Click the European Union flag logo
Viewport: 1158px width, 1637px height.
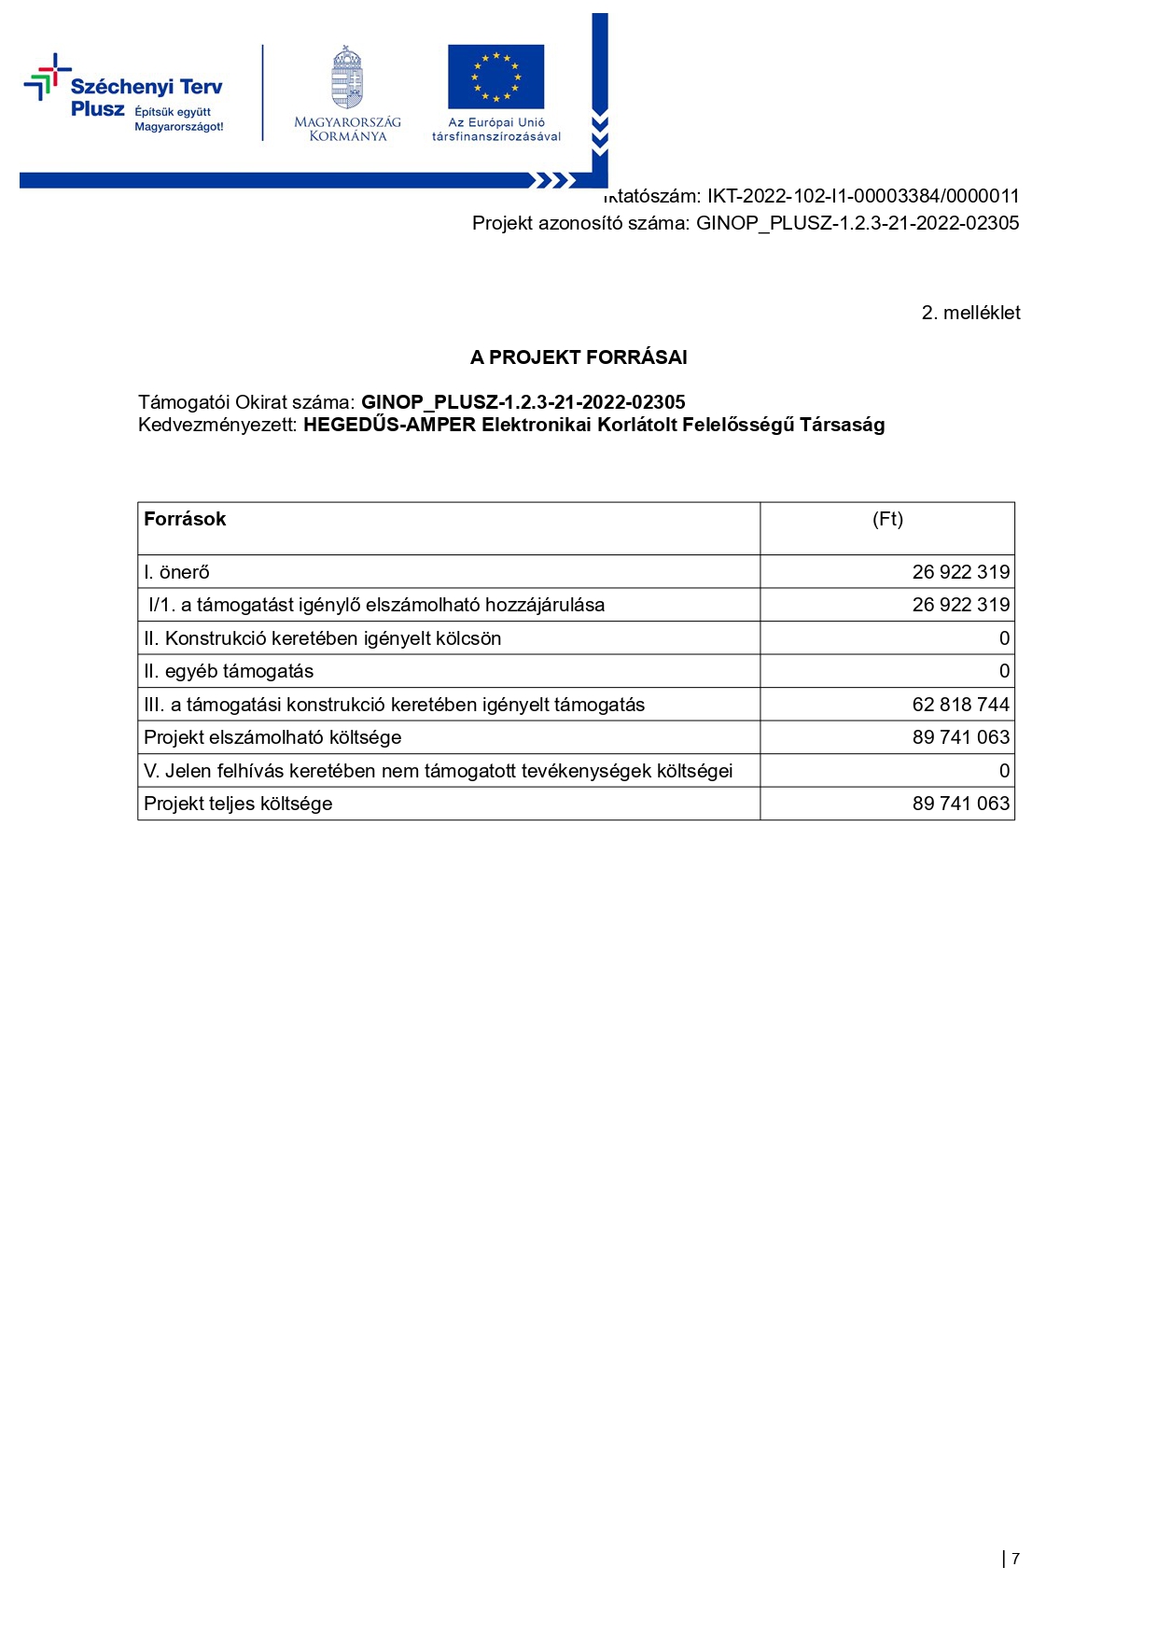coord(495,77)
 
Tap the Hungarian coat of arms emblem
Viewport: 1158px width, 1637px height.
coord(347,78)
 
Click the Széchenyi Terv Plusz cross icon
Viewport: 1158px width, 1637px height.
coord(47,77)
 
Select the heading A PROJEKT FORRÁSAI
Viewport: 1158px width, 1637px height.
coord(579,357)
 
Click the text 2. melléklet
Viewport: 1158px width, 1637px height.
coord(970,313)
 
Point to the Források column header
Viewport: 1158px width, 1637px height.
coord(185,520)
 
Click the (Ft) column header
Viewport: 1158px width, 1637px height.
coord(887,520)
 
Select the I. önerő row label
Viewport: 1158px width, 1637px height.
coord(177,572)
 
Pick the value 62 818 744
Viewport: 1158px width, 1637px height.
coord(960,705)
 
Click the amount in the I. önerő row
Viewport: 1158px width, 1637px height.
coord(960,572)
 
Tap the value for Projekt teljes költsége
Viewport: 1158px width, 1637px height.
coord(960,804)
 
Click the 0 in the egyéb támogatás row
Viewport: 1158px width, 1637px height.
coord(1004,671)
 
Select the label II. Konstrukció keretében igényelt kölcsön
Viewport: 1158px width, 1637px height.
coord(323,638)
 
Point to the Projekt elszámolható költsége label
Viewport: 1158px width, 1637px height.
coord(272,737)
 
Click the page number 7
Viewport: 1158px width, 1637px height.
coord(1015,1559)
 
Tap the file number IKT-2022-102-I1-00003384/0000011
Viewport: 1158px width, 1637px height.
coord(862,196)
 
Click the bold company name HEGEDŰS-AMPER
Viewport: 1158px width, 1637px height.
coord(389,426)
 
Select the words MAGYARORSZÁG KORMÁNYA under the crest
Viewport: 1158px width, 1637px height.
coord(347,129)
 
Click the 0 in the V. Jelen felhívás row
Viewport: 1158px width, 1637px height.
coord(1004,771)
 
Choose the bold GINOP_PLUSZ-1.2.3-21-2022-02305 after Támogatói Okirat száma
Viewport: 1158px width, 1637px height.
coord(523,402)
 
